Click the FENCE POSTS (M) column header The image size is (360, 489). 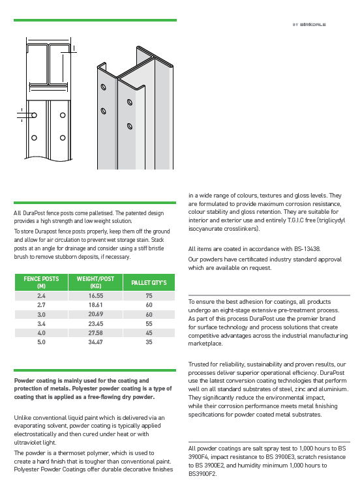click(41, 282)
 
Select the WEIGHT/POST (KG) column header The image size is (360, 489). click(95, 282)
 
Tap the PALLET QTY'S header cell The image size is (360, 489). click(149, 282)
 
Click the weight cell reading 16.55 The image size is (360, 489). click(95, 295)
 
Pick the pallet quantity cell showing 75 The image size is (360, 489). click(149, 295)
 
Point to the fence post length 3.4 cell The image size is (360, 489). click(41, 323)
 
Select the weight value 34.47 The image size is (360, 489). click(95, 342)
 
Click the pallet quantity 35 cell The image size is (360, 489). click(149, 342)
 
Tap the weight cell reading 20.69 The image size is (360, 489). click(95, 314)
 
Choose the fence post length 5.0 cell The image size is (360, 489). click(41, 342)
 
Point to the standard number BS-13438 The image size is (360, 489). click(307, 249)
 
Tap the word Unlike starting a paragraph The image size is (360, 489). click(22, 417)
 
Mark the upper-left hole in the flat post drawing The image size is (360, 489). click(35, 115)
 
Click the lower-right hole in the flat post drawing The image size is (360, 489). click(63, 138)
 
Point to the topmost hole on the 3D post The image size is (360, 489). click(103, 87)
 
